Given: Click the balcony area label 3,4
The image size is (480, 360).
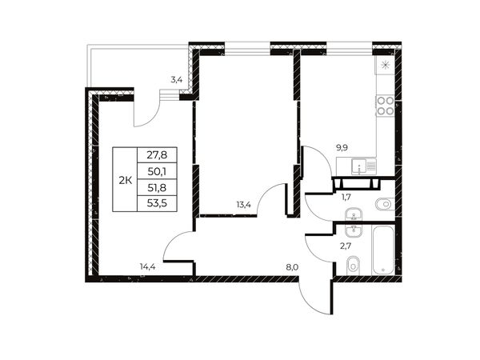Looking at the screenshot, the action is [177, 80].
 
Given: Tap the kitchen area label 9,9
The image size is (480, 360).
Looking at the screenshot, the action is [342, 148].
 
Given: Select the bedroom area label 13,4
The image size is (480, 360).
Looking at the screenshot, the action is [244, 205].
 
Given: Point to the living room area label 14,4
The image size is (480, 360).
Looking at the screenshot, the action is [148, 267].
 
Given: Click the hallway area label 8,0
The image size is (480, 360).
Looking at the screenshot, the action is [292, 267].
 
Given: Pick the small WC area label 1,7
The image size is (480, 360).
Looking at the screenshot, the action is [346, 197].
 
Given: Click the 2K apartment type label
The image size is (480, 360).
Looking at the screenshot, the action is [126, 181].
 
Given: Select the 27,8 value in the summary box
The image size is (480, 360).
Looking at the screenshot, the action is [157, 155].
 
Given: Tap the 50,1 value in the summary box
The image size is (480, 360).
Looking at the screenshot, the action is [157, 172].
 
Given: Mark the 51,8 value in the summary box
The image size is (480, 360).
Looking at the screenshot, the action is [157, 188].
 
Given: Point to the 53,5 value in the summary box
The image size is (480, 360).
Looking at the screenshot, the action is [157, 203].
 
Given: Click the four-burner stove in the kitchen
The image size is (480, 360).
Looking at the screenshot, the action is [385, 106].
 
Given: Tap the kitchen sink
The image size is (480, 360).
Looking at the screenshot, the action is [364, 166].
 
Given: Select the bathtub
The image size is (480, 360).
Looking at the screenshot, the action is [382, 250].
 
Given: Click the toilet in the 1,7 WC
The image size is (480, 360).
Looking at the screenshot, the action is [385, 204].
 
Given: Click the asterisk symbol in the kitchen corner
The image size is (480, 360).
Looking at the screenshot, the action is [385, 65].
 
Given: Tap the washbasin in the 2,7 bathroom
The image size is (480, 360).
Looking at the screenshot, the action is [354, 230].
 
